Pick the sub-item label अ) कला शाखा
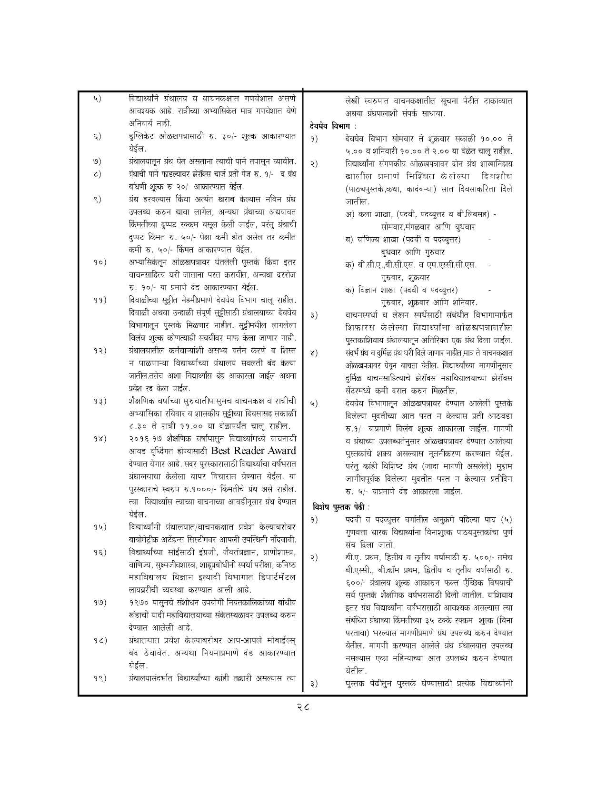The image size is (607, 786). click(368, 214)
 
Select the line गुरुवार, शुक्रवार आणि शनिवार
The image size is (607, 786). click(429, 302)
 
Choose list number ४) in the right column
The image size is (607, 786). click(313, 353)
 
